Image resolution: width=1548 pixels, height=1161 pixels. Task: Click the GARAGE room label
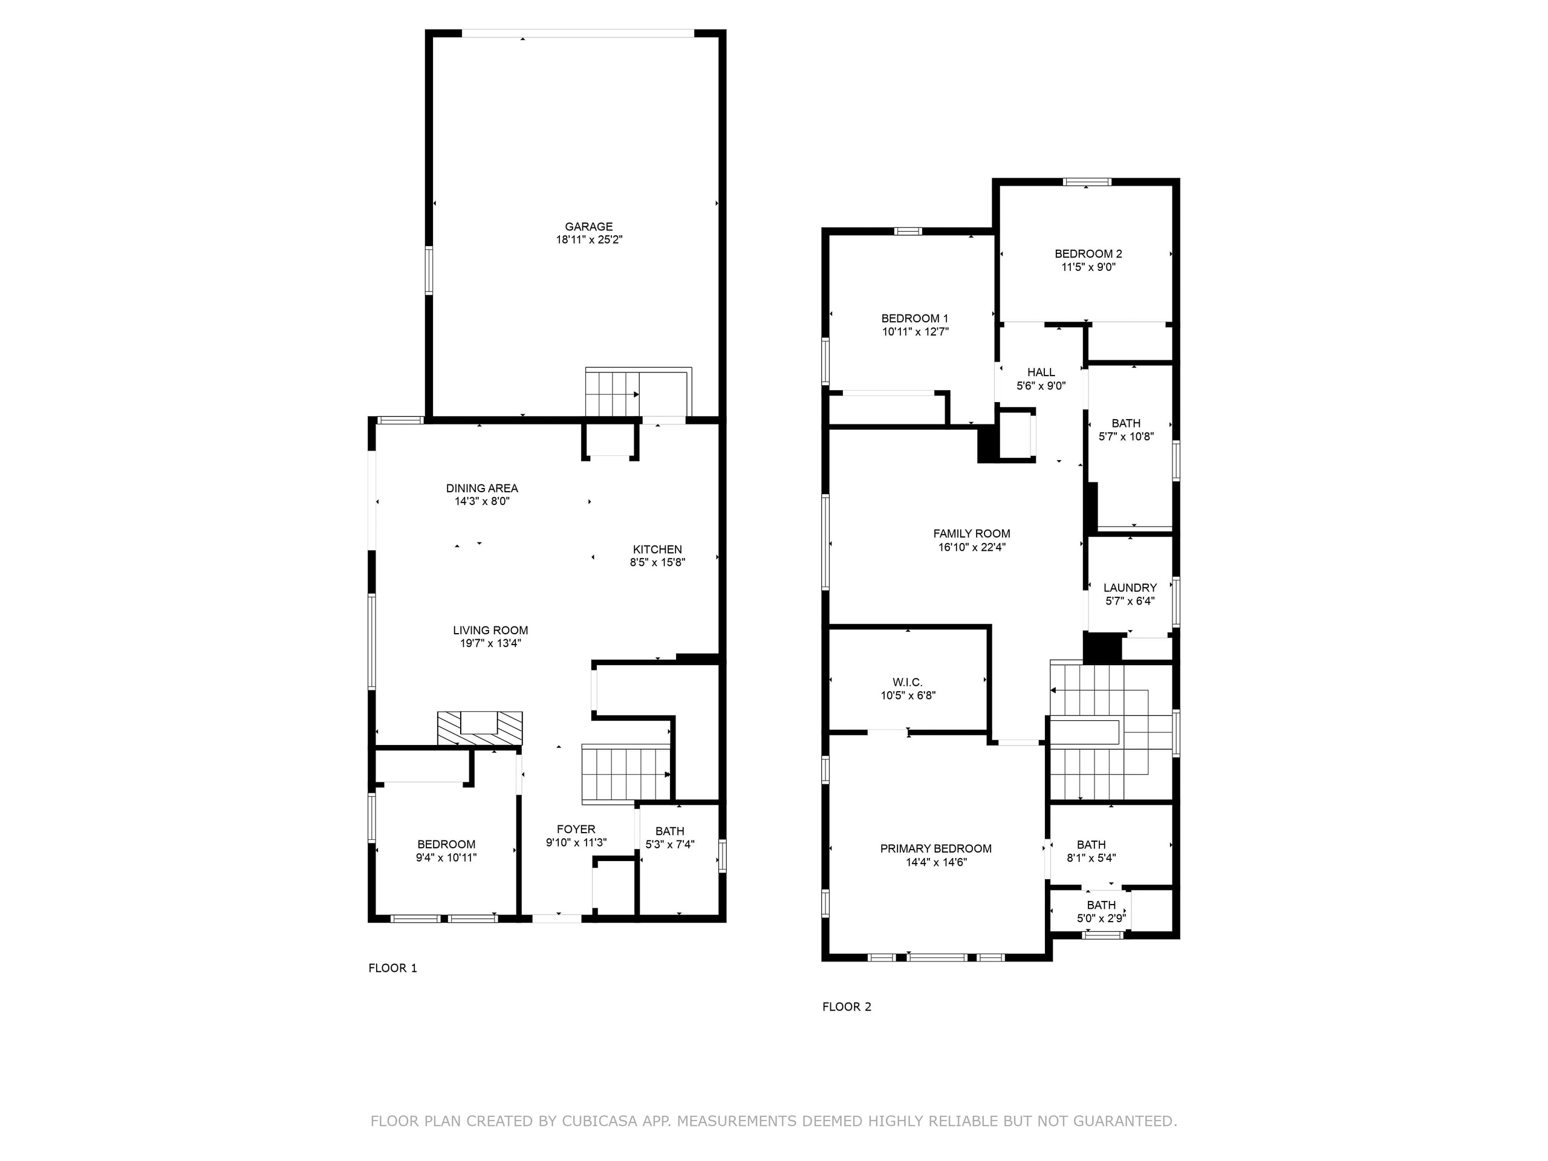(x=588, y=227)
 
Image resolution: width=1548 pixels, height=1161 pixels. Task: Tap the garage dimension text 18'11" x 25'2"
(x=588, y=240)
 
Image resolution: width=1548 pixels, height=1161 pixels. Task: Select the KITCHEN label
(x=657, y=549)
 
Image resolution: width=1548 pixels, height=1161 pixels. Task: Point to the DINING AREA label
(x=482, y=489)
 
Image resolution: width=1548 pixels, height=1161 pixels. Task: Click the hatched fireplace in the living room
(x=480, y=728)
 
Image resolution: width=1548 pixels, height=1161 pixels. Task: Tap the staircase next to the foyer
(x=625, y=775)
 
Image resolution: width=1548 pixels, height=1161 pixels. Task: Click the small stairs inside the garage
(x=613, y=393)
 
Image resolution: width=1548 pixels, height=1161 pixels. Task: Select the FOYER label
(x=576, y=829)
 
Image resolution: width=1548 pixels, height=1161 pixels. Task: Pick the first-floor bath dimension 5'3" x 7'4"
(x=670, y=845)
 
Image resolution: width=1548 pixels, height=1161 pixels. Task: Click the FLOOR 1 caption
(x=392, y=969)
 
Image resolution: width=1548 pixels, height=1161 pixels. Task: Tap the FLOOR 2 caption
(x=847, y=1007)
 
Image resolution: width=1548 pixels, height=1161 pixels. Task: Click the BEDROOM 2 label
(x=1088, y=254)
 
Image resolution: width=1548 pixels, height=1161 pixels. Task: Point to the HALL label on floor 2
(x=1041, y=372)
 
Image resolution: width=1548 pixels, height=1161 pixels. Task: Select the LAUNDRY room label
(x=1130, y=588)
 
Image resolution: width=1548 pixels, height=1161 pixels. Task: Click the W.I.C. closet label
(x=908, y=682)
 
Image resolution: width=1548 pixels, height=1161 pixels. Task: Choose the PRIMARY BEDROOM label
(x=935, y=849)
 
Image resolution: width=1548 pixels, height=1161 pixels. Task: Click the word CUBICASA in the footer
(x=599, y=1121)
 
